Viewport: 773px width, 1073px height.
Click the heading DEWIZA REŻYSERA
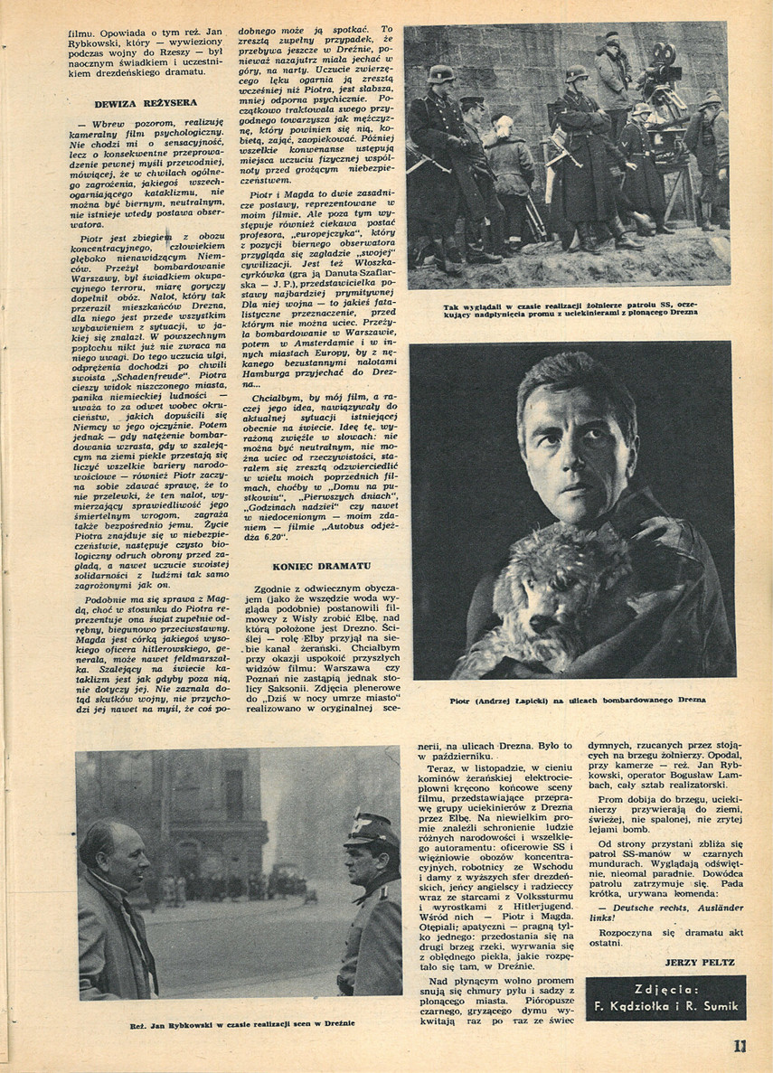[x=139, y=104]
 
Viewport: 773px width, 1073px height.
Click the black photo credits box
[x=665, y=997]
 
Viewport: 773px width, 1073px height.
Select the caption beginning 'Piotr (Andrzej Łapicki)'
[x=577, y=700]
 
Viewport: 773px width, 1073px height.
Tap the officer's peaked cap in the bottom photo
[x=370, y=828]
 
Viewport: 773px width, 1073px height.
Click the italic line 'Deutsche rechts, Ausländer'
[x=666, y=907]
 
